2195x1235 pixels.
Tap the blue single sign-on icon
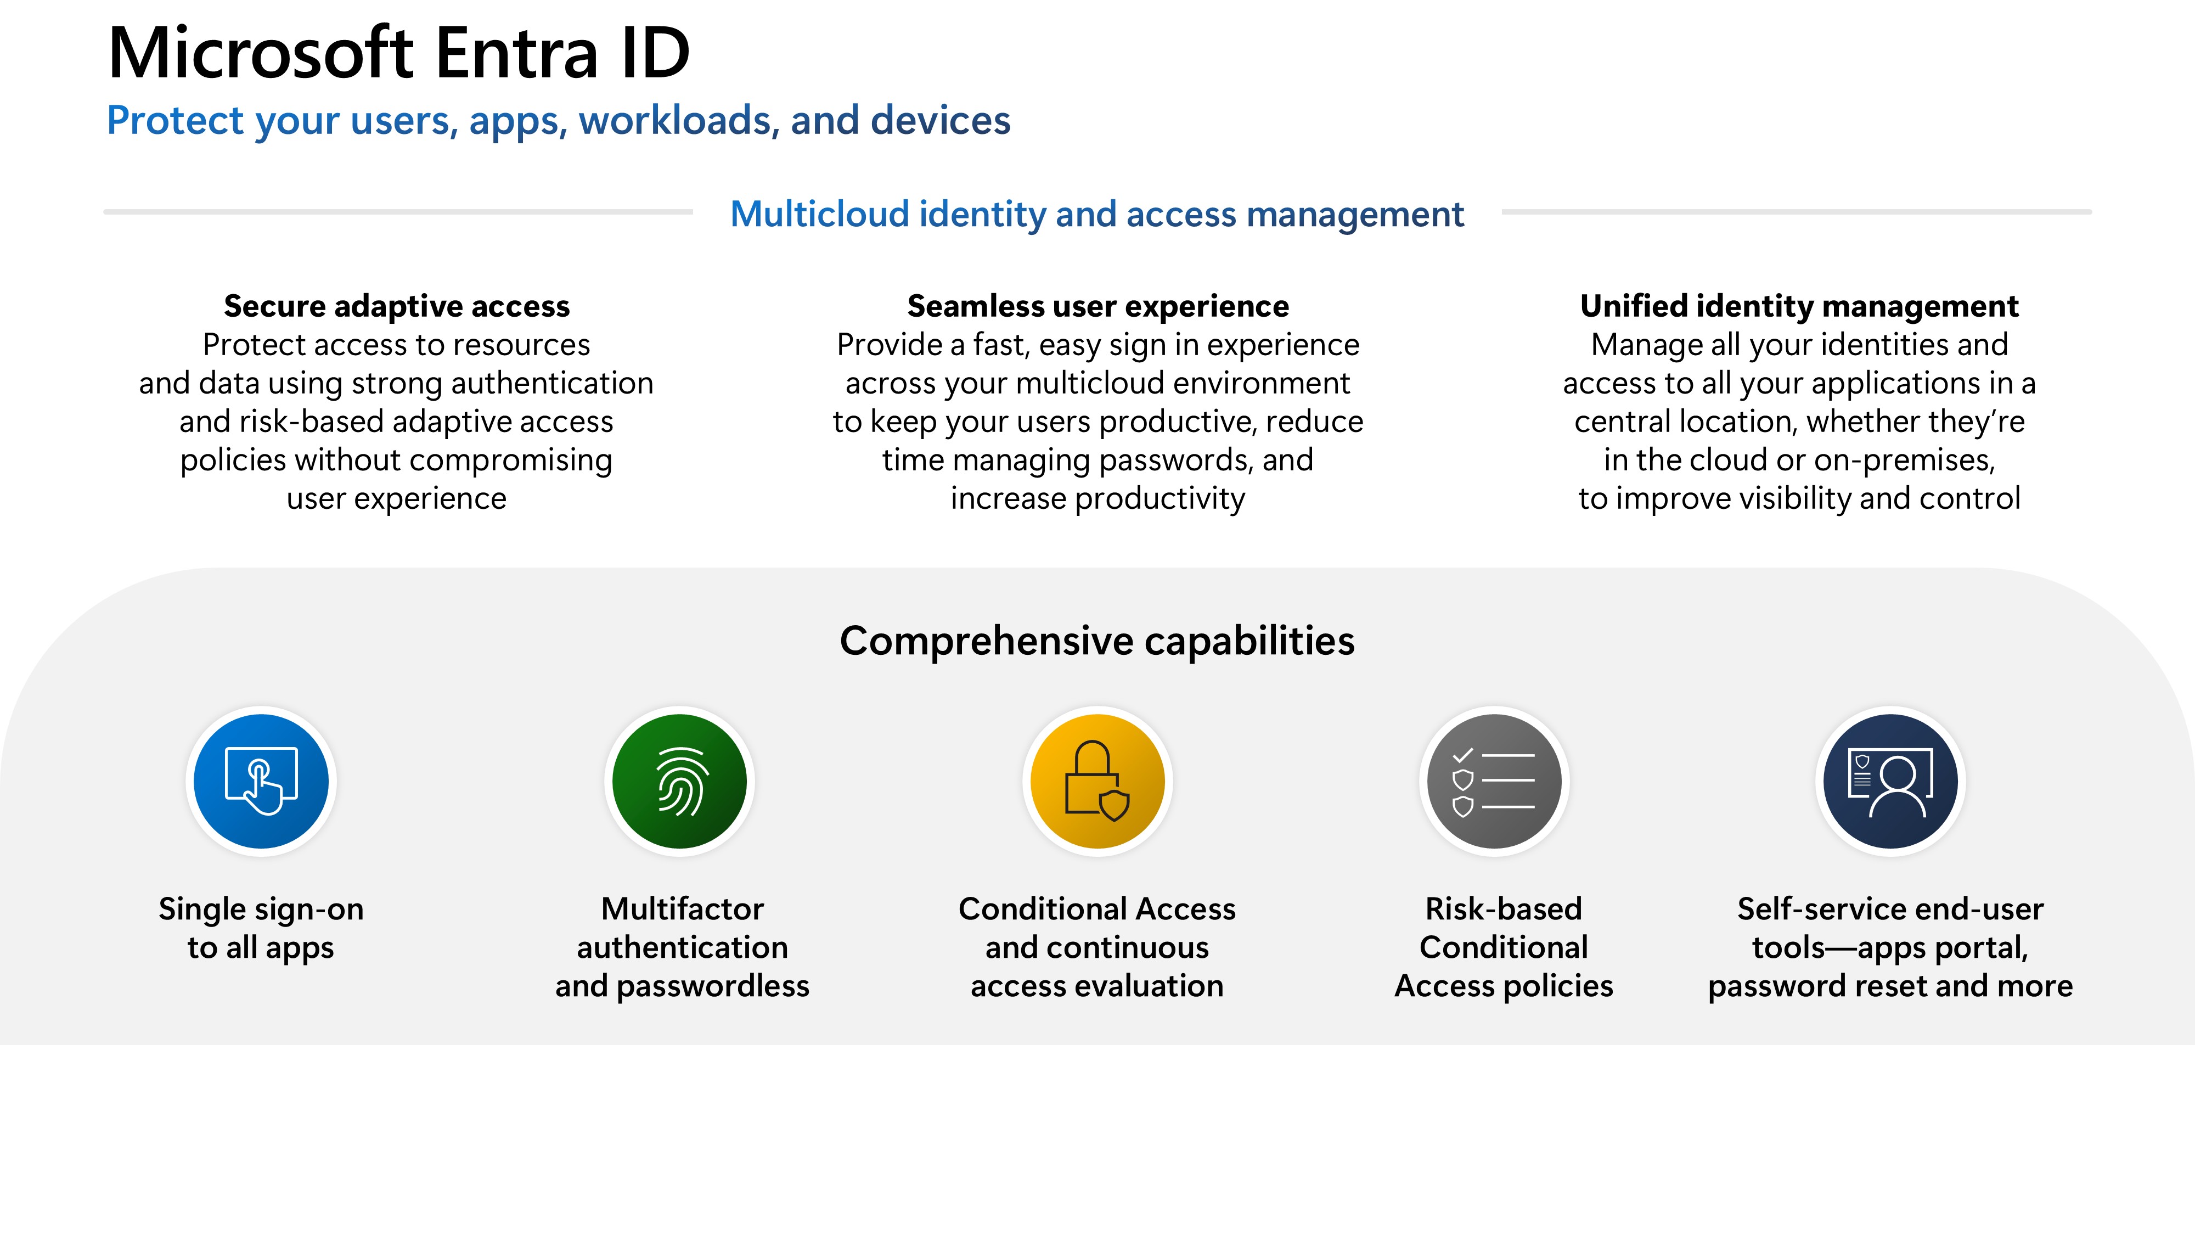point(261,781)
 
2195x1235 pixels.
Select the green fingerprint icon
point(679,781)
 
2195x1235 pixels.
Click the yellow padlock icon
point(1097,781)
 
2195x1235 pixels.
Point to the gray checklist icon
point(1494,781)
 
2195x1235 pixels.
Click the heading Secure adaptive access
point(396,305)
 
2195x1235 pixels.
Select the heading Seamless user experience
point(1097,305)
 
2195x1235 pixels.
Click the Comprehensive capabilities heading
point(1096,641)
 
